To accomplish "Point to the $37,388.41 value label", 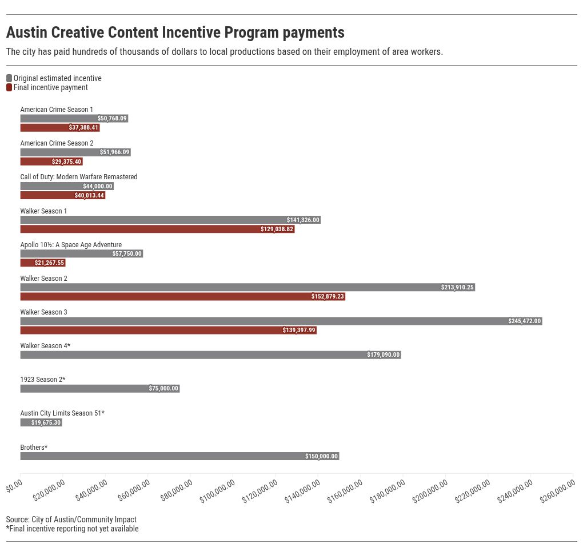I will [x=83, y=128].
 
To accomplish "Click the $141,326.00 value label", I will [x=303, y=220].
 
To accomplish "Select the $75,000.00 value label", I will [x=163, y=389].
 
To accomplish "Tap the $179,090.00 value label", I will [x=384, y=355].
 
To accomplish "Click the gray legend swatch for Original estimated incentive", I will [x=9, y=78].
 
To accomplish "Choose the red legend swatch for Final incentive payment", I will [x=9, y=87].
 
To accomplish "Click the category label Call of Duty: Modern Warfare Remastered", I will [x=79, y=177].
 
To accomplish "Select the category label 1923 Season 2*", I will [x=43, y=380].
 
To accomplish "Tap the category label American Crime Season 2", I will [x=57, y=143].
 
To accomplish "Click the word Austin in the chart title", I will [x=29, y=32].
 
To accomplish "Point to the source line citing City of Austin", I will [x=71, y=519].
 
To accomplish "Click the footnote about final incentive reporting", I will [x=73, y=529].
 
